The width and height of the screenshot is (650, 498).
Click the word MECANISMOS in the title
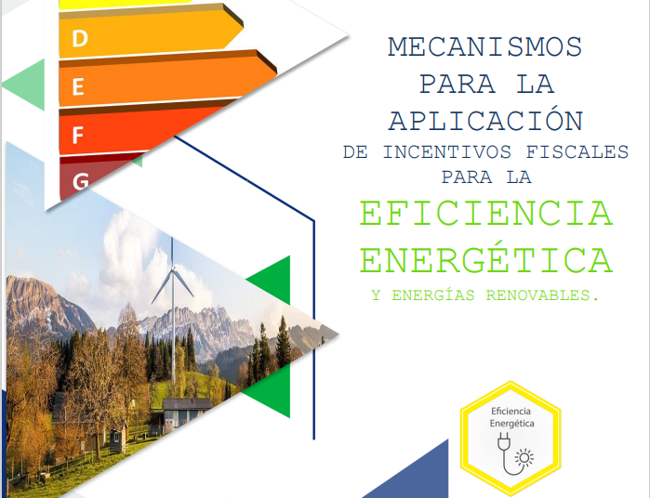tap(485, 47)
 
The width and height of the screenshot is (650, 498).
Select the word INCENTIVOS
tap(446, 152)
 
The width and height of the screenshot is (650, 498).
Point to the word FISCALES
tap(577, 152)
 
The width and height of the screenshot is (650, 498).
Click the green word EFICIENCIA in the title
tap(485, 214)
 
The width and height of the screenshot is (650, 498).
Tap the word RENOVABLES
tap(542, 295)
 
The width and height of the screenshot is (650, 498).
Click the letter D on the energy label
tap(80, 38)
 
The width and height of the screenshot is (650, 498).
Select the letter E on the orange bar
tap(78, 87)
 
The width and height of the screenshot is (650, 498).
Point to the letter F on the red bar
tap(78, 135)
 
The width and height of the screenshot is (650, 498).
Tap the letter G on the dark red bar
tap(80, 181)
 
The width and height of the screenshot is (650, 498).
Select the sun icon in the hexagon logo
tap(524, 458)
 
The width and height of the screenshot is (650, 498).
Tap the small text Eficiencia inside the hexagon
tap(511, 411)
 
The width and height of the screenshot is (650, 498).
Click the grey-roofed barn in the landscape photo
tap(186, 413)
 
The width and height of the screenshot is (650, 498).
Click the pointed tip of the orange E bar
tap(276, 73)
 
